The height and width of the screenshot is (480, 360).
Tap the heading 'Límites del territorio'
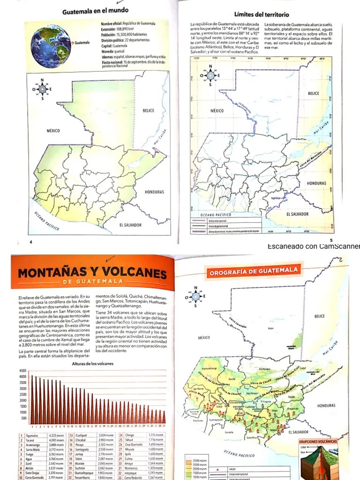click(262, 15)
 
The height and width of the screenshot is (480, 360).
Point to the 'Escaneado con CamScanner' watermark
click(313, 247)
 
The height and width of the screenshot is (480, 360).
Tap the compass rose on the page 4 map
click(43, 89)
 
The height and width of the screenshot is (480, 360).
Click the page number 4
click(30, 242)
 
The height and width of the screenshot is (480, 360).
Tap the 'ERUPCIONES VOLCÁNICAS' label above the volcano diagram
click(317, 442)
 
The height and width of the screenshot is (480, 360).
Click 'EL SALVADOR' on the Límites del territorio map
click(297, 214)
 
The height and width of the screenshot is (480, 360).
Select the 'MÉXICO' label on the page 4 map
click(53, 130)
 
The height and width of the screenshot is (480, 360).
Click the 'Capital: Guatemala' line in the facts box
click(114, 46)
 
